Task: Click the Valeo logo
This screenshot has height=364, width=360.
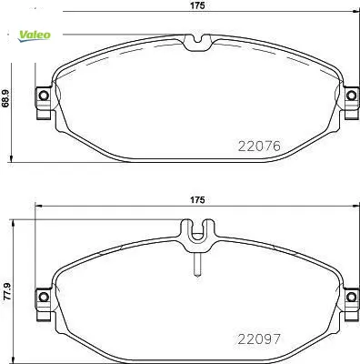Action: [35, 35]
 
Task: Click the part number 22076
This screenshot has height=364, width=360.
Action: [259, 147]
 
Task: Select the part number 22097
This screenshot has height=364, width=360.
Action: [259, 339]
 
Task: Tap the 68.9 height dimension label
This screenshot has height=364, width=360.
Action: [5, 98]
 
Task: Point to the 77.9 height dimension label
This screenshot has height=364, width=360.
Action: [6, 291]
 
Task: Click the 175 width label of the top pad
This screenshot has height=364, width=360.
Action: [197, 5]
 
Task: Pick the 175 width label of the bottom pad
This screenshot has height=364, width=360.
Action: [197, 200]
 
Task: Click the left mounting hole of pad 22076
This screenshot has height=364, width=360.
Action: [44, 96]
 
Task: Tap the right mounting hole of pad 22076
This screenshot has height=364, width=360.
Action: [351, 96]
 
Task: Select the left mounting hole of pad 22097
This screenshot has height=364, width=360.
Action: [44, 297]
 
